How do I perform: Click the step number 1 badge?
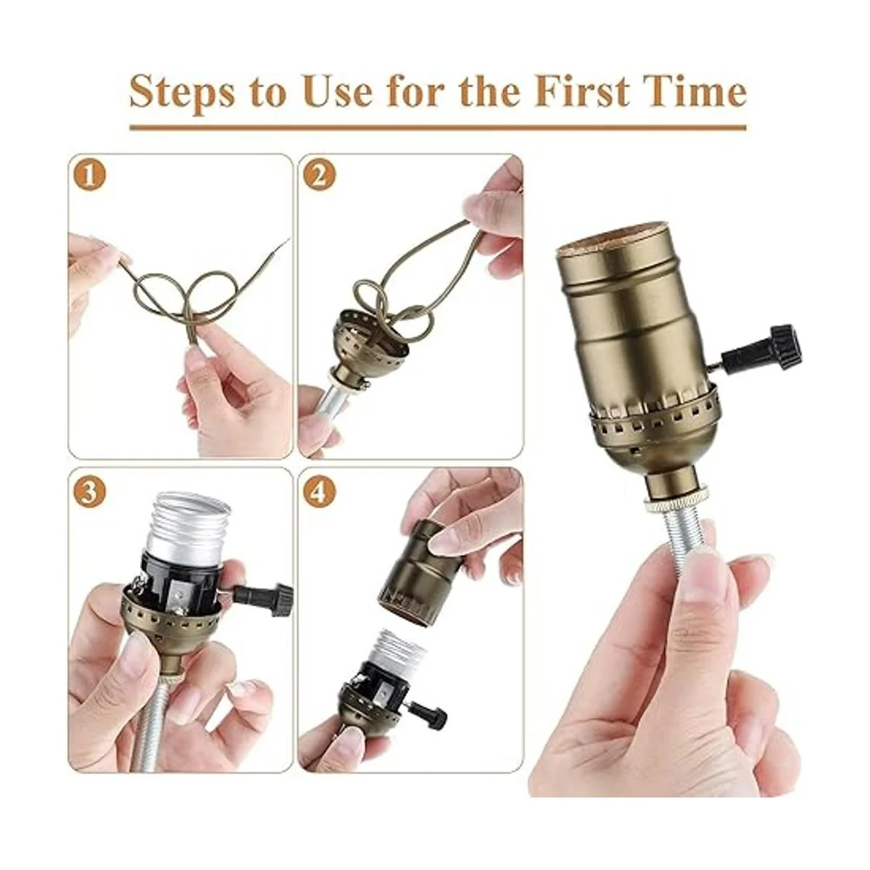(91, 176)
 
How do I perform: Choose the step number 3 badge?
(91, 494)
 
